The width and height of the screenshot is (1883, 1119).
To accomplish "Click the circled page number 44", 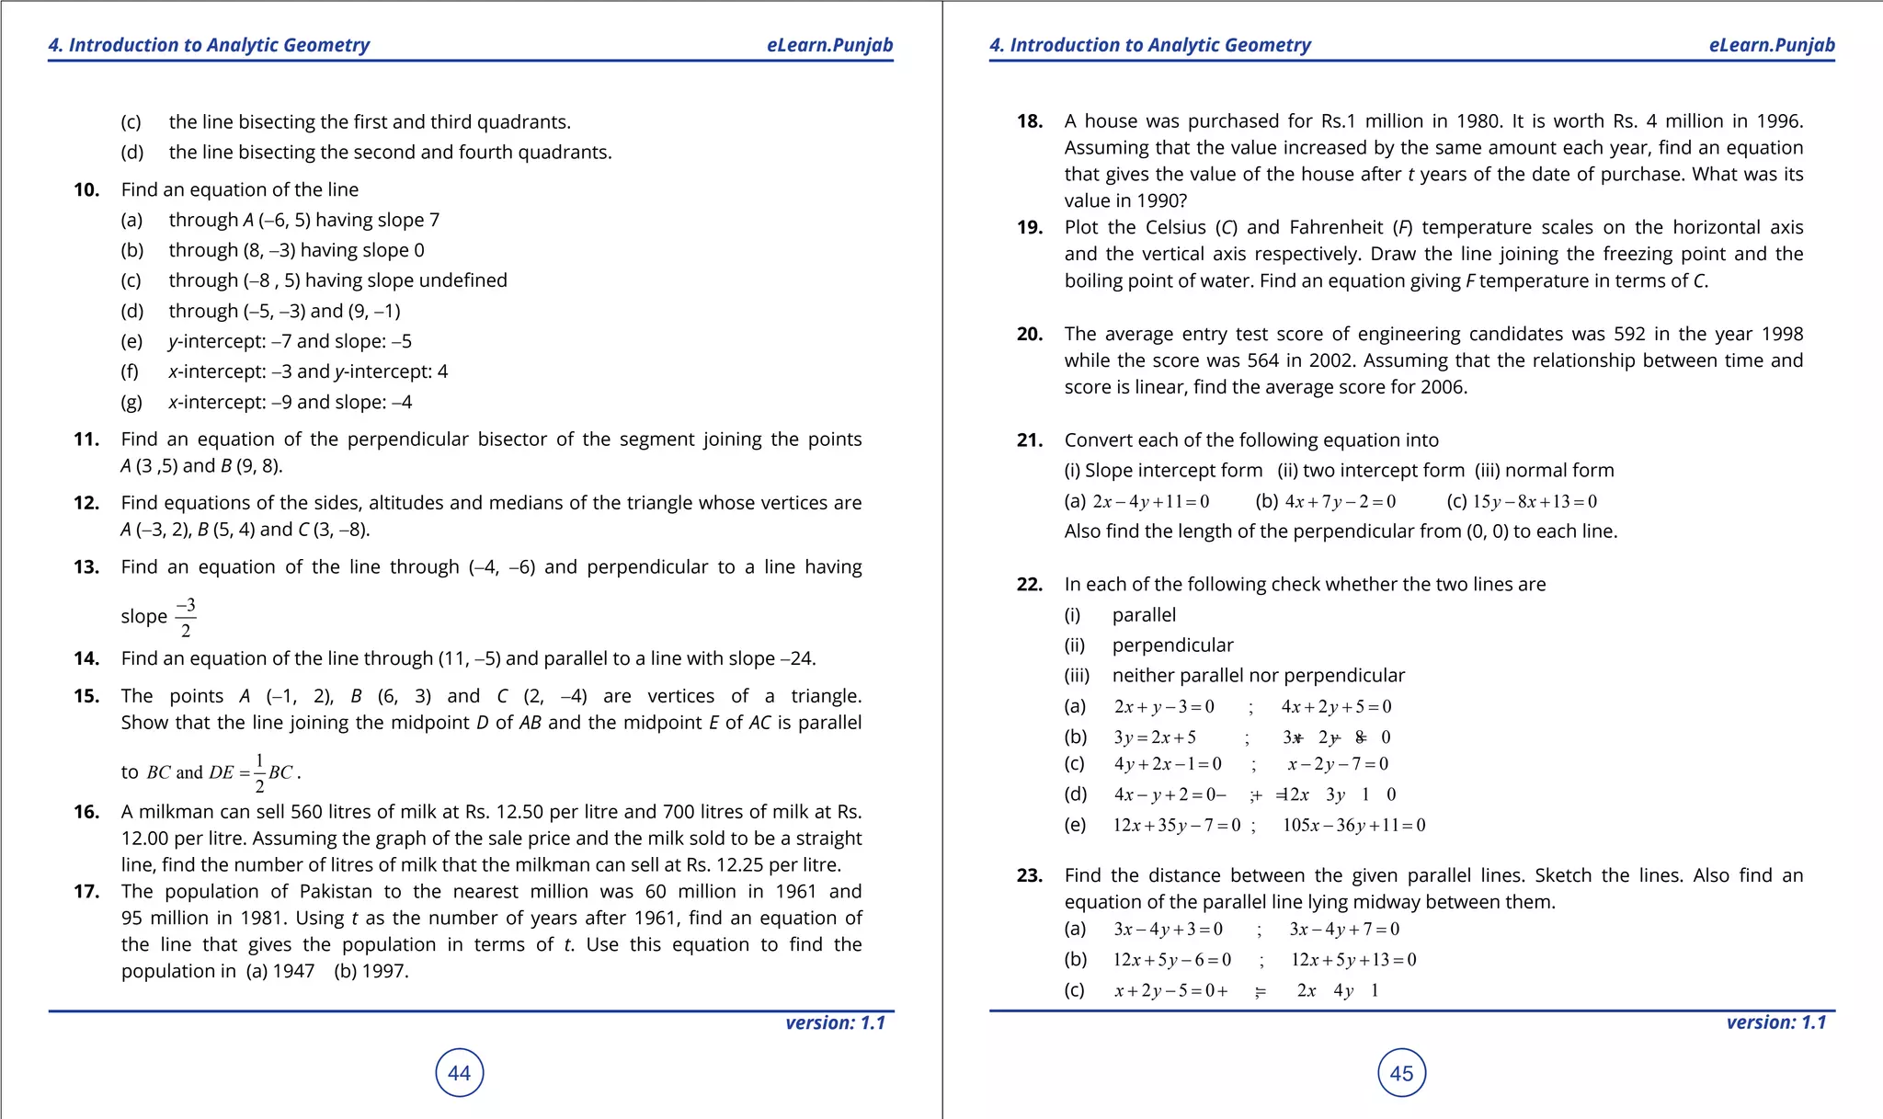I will click(459, 1073).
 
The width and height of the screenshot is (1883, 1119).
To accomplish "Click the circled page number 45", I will click(1401, 1073).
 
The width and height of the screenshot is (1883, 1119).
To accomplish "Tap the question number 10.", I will click(86, 189).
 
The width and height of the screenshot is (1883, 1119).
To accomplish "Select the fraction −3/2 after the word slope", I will click(186, 618).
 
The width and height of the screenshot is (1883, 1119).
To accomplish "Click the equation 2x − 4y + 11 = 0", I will click(1150, 502).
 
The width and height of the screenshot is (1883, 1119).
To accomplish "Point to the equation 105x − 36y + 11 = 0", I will click(1353, 826).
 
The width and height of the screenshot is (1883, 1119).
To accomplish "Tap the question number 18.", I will click(1029, 121).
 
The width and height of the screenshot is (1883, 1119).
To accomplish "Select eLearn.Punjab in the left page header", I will click(829, 45).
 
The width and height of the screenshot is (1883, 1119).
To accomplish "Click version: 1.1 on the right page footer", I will click(1775, 1022).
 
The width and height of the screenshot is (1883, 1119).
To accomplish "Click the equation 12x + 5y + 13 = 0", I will click(1352, 960).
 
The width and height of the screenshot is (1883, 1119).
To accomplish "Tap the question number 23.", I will click(1029, 875).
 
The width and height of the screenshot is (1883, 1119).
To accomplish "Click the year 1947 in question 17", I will click(293, 971).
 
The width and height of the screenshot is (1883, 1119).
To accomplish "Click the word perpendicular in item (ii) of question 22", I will click(1172, 645).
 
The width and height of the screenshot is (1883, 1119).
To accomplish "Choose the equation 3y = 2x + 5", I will click(1154, 737).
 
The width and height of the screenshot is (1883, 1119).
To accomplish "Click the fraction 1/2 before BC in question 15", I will click(259, 772).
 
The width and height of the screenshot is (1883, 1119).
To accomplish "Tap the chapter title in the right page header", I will click(1149, 45).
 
